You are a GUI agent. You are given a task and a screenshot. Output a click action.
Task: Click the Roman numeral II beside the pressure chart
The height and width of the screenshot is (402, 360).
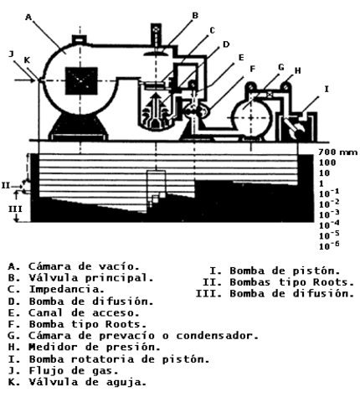(x=7, y=184)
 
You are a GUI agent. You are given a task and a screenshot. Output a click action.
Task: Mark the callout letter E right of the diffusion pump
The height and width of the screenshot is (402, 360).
(x=240, y=58)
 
